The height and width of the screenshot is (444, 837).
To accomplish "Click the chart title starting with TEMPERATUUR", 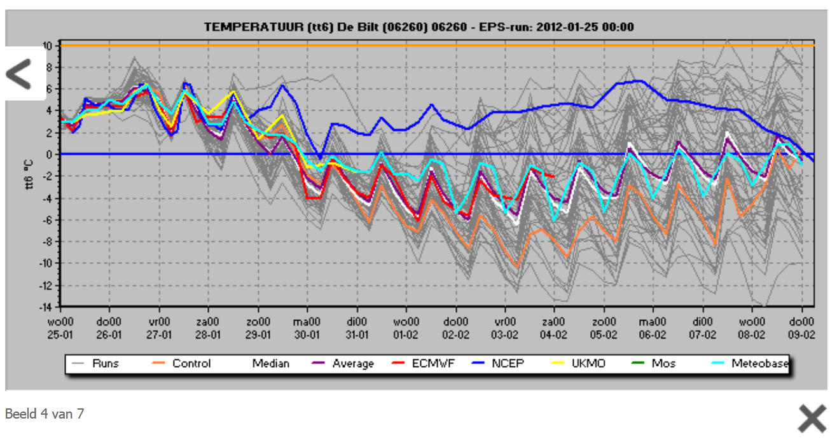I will click(x=418, y=27).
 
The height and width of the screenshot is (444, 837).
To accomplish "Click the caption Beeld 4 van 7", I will click(x=45, y=414).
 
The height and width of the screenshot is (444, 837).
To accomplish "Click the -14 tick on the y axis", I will click(x=47, y=306).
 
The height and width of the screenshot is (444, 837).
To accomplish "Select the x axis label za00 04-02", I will click(x=554, y=328).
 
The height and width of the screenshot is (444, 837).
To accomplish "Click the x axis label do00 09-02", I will click(x=800, y=328).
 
